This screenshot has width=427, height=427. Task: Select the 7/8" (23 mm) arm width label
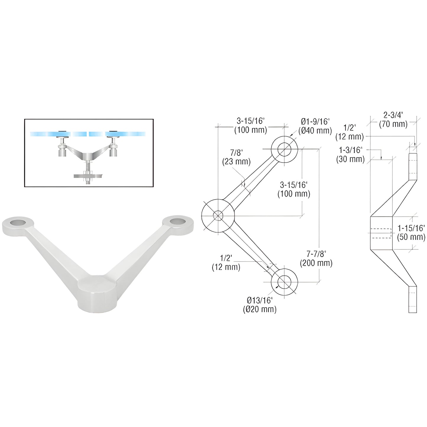[236, 157]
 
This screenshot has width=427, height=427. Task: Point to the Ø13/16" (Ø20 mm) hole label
[259, 305]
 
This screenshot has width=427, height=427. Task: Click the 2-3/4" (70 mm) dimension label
[393, 120]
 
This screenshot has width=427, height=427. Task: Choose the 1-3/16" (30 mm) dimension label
[350, 155]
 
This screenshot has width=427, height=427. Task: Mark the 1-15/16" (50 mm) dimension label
[411, 232]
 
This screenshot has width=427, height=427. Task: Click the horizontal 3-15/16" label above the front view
[251, 126]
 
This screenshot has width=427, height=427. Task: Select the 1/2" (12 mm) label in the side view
[350, 132]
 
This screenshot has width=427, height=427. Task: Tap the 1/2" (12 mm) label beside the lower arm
[226, 263]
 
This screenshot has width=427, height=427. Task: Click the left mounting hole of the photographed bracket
[18, 222]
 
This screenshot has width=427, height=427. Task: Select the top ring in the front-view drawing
[284, 149]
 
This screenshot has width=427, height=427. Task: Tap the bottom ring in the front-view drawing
[284, 282]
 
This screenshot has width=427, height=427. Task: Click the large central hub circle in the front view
[218, 215]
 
